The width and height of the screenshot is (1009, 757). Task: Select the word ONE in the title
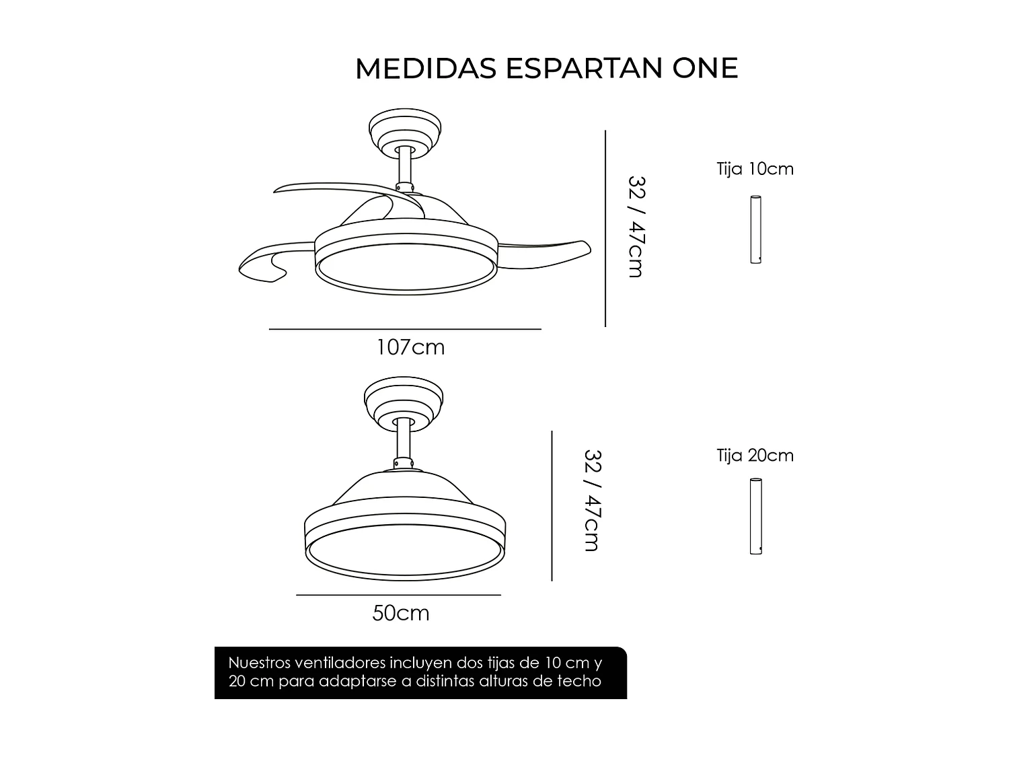pos(705,69)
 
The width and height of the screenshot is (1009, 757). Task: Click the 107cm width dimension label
pos(410,347)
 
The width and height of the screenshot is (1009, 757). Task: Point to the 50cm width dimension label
pos(401,614)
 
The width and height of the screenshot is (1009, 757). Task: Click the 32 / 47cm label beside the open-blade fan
pos(636,227)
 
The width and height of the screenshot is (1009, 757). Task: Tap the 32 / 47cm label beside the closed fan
pos(592,501)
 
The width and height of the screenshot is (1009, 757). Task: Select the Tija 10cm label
pos(755,169)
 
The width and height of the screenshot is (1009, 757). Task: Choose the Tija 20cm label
pos(755,456)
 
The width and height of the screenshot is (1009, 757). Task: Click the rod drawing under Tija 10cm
pos(756,229)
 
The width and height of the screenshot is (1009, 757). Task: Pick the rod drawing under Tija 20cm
pos(756,516)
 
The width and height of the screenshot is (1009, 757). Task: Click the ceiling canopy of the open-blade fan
pos(405,131)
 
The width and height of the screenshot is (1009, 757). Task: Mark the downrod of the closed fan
pos(404,440)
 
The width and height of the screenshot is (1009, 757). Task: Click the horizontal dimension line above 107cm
pos(405,329)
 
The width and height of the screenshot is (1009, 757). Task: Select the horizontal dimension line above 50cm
pos(398,595)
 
